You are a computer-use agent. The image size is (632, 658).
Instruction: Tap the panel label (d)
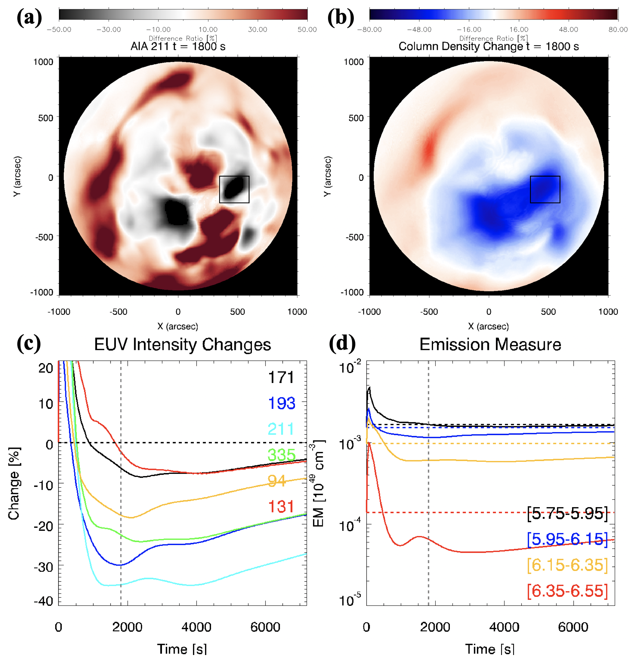click(342, 343)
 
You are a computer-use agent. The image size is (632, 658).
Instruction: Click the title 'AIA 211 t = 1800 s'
click(178, 47)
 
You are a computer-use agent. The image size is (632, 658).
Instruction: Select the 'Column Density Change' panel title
click(488, 47)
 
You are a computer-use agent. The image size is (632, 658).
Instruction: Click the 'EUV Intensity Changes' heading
click(183, 344)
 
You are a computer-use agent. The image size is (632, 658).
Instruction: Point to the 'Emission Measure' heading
click(490, 344)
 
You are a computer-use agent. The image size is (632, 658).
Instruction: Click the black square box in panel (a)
click(234, 189)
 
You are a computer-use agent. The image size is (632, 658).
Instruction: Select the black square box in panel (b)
click(545, 189)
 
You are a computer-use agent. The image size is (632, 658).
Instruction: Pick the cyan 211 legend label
click(282, 429)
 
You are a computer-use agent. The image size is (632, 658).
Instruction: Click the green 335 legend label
click(282, 455)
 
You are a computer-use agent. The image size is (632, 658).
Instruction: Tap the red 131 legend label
click(282, 507)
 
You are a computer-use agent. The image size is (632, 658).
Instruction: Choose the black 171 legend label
click(282, 377)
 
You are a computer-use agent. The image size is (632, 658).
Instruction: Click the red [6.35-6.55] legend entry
click(567, 591)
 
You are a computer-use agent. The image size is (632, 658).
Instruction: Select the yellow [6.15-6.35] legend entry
click(567, 565)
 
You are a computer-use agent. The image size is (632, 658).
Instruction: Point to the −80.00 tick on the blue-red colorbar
click(370, 30)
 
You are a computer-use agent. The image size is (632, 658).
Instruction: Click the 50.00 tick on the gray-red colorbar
click(307, 30)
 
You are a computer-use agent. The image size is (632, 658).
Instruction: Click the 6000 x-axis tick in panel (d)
click(573, 627)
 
